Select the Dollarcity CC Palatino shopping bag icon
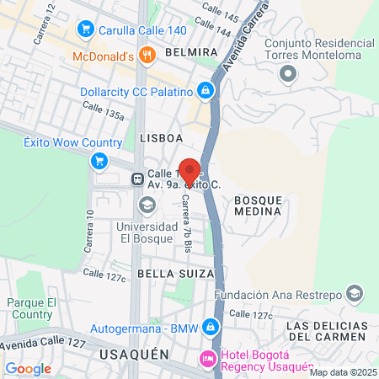[x=206, y=90]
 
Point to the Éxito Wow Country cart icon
[x=99, y=161]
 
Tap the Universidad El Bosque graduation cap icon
[x=147, y=205]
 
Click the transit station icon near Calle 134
[x=136, y=179]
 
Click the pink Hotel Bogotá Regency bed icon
[x=207, y=360]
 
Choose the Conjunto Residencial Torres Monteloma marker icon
[x=289, y=75]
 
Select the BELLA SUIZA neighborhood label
[x=165, y=275]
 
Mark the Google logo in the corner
[x=28, y=368]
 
